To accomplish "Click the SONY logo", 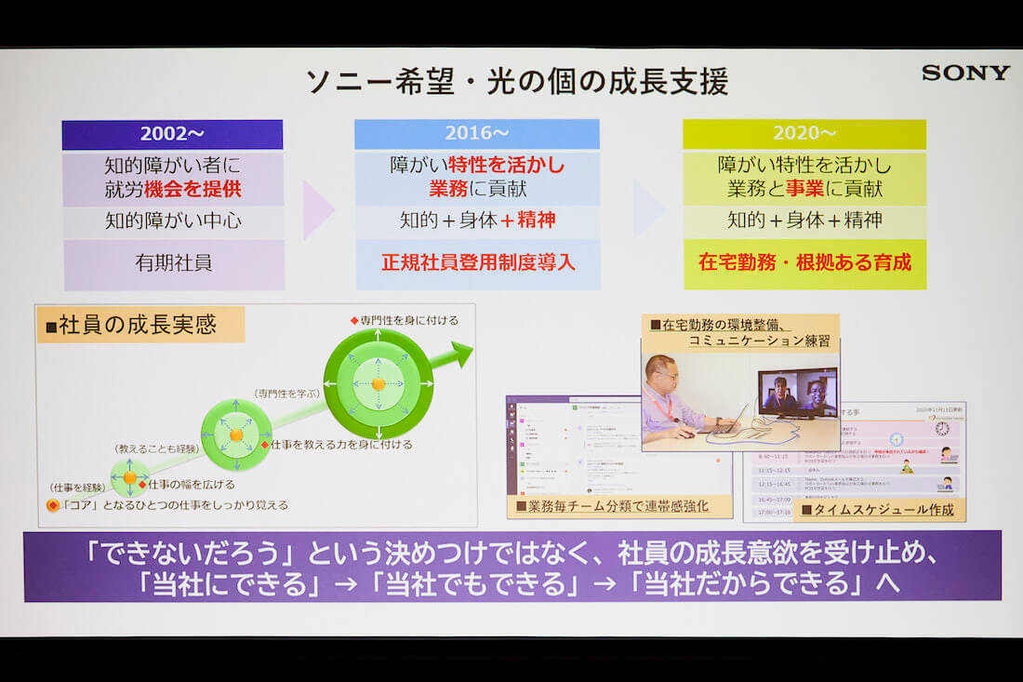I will [964, 73].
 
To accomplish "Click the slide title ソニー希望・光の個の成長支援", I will [517, 82].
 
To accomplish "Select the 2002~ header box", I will [172, 135].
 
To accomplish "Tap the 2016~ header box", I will [476, 135].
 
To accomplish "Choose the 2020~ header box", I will [804, 135].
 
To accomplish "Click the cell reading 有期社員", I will [174, 263].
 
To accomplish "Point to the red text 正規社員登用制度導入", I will [477, 263].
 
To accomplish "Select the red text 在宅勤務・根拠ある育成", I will [804, 263].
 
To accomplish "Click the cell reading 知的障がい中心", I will [174, 221].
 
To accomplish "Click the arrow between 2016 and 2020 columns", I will [648, 208].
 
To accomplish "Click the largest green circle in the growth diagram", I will [378, 383].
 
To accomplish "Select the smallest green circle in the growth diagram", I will [129, 477].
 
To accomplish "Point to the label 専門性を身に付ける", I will [408, 320].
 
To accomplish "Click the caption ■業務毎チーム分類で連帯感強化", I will [618, 507].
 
